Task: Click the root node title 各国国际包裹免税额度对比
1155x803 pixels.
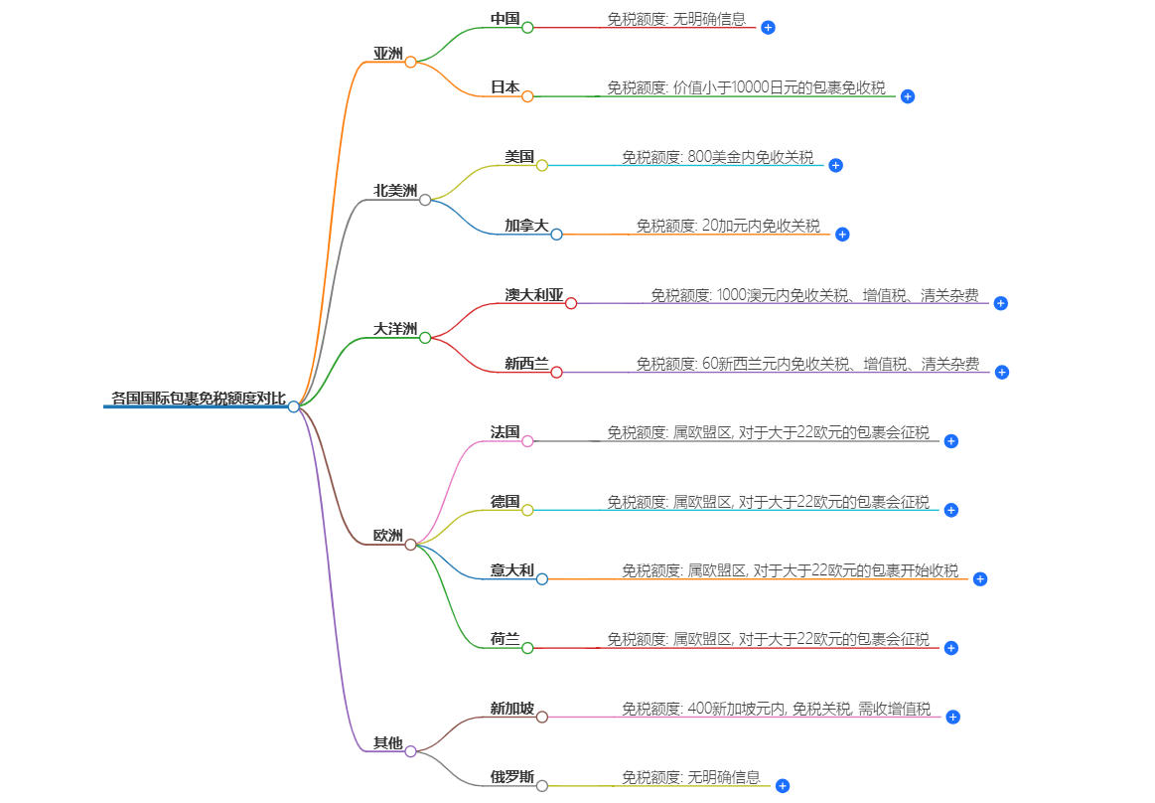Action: (198, 400)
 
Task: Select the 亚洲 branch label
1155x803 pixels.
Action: (387, 54)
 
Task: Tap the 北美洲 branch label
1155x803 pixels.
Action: (395, 191)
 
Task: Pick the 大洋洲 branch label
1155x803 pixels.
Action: (395, 329)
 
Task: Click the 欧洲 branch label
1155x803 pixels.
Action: (387, 536)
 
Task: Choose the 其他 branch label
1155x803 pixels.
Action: (387, 742)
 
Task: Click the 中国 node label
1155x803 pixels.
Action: (505, 19)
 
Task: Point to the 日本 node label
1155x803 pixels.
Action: (505, 87)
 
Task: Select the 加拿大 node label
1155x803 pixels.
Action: (526, 226)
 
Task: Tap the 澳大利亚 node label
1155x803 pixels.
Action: (533, 295)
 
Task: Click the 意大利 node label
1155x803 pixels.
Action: (511, 570)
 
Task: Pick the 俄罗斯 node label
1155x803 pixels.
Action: (511, 777)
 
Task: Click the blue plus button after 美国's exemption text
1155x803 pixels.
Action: (835, 165)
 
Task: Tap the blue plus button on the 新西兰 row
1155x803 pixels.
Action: (1001, 372)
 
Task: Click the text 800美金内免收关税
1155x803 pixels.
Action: (750, 157)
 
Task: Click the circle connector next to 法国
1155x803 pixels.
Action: (527, 441)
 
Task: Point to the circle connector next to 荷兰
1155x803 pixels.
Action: (527, 648)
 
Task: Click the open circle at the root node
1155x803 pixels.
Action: (294, 406)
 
